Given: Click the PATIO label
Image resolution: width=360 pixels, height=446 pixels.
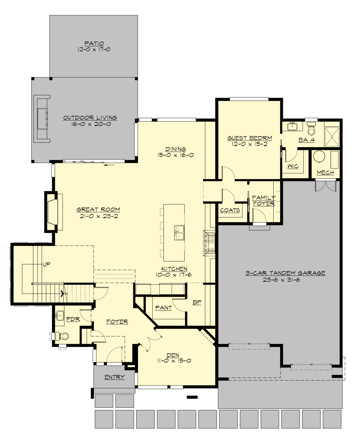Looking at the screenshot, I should (94, 43).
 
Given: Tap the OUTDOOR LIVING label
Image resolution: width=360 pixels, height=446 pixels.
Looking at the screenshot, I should (90, 118).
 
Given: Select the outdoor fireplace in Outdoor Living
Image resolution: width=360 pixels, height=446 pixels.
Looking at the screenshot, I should (42, 118).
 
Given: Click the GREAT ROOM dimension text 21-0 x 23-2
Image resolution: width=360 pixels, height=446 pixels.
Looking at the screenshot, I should (99, 216).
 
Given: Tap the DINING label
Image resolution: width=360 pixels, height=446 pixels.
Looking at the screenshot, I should (175, 149).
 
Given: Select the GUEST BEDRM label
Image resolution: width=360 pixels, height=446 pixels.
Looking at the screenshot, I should (250, 138).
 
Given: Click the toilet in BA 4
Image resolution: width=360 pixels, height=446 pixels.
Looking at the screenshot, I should (312, 129).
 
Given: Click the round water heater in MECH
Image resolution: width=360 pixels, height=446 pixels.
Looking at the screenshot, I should (319, 156).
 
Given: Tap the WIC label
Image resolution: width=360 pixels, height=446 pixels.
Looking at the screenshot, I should (293, 166).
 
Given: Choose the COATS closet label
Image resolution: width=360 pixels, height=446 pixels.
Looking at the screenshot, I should (230, 210).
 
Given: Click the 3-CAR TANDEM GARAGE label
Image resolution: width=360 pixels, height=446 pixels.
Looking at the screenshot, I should (285, 273).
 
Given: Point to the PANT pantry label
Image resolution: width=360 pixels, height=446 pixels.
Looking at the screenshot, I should (163, 308).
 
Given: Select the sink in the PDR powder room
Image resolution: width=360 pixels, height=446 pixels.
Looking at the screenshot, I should (60, 315).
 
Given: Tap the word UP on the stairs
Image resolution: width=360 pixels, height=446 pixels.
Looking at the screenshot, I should (46, 264).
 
